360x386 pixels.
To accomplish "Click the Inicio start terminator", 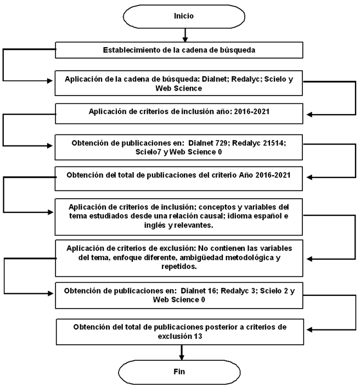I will click(183, 16).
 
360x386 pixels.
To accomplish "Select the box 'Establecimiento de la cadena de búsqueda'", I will click(180, 50).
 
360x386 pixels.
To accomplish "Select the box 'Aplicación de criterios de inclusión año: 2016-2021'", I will click(180, 111).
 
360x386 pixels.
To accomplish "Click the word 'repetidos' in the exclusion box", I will click(180, 266).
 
